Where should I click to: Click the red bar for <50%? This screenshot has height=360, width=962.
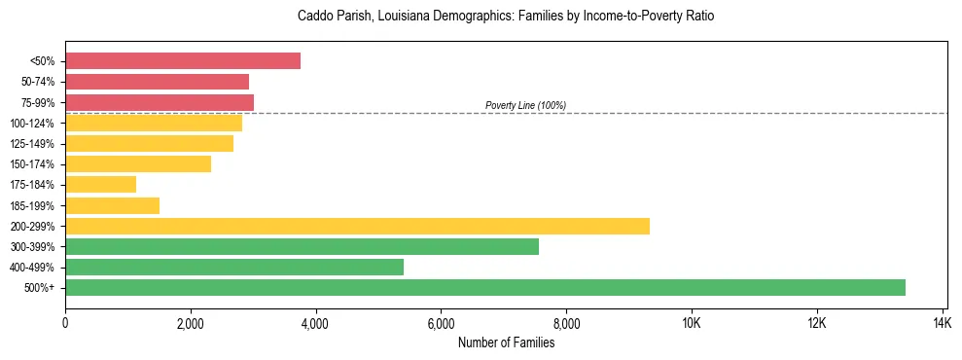click(x=183, y=61)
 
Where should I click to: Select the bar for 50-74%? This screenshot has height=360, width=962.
click(x=158, y=82)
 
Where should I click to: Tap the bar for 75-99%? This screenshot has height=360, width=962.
click(x=160, y=102)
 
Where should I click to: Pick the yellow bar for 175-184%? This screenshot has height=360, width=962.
click(x=101, y=184)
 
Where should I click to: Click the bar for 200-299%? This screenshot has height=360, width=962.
click(x=357, y=226)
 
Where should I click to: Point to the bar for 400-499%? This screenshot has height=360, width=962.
click(x=234, y=267)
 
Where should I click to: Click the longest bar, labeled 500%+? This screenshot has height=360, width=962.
click(x=485, y=287)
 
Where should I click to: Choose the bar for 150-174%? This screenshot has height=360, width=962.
click(x=138, y=163)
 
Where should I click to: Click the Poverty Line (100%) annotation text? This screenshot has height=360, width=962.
click(x=525, y=105)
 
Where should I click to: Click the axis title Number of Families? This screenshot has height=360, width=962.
click(x=506, y=342)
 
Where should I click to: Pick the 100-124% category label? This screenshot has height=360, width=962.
click(x=32, y=124)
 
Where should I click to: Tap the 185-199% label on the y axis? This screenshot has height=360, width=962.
click(x=32, y=205)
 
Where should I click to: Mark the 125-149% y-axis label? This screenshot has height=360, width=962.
click(x=32, y=144)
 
